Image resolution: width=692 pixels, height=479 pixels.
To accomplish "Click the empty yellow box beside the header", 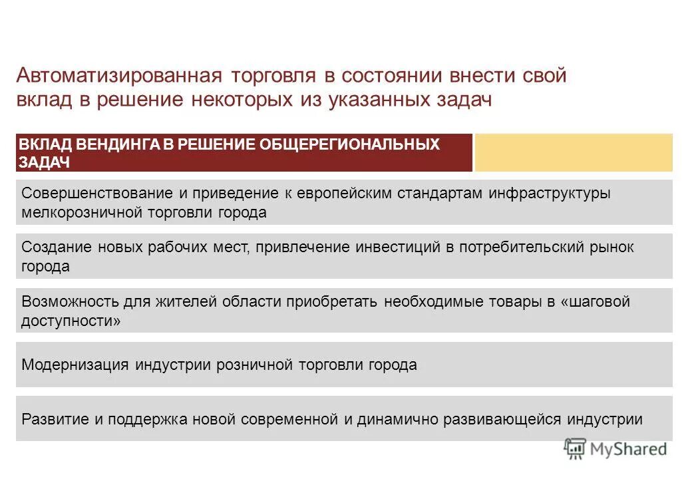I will pos(573,152).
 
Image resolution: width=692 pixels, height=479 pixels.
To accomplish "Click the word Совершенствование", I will pos(94,194).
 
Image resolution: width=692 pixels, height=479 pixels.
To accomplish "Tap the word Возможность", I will pos(68,302).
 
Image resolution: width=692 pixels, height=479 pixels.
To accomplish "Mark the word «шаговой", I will pos(596,302).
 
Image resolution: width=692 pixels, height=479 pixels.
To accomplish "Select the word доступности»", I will pos(71,321).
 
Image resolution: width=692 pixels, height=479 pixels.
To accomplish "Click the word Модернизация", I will pos(75,365).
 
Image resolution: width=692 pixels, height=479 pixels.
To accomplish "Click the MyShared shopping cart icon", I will pos(574,448).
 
